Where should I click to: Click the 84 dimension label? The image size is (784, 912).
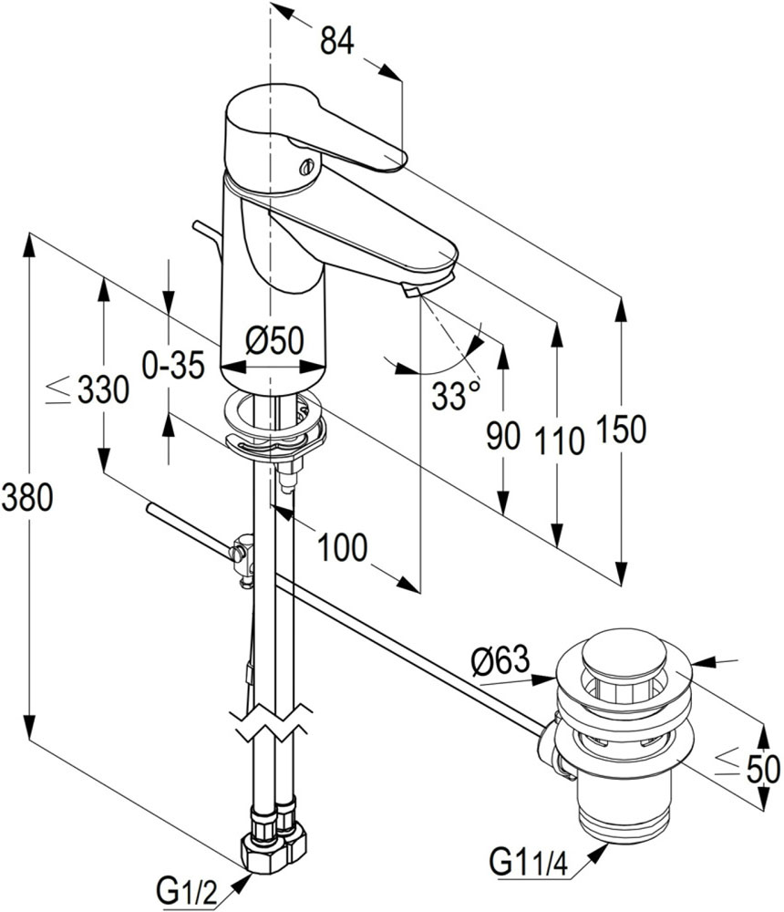335,40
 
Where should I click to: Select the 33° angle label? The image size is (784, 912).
455,396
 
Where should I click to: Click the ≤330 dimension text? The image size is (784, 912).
88,390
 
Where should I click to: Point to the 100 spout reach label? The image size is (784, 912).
342,547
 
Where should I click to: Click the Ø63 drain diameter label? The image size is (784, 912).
500,659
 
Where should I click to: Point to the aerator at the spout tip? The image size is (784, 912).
409,291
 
